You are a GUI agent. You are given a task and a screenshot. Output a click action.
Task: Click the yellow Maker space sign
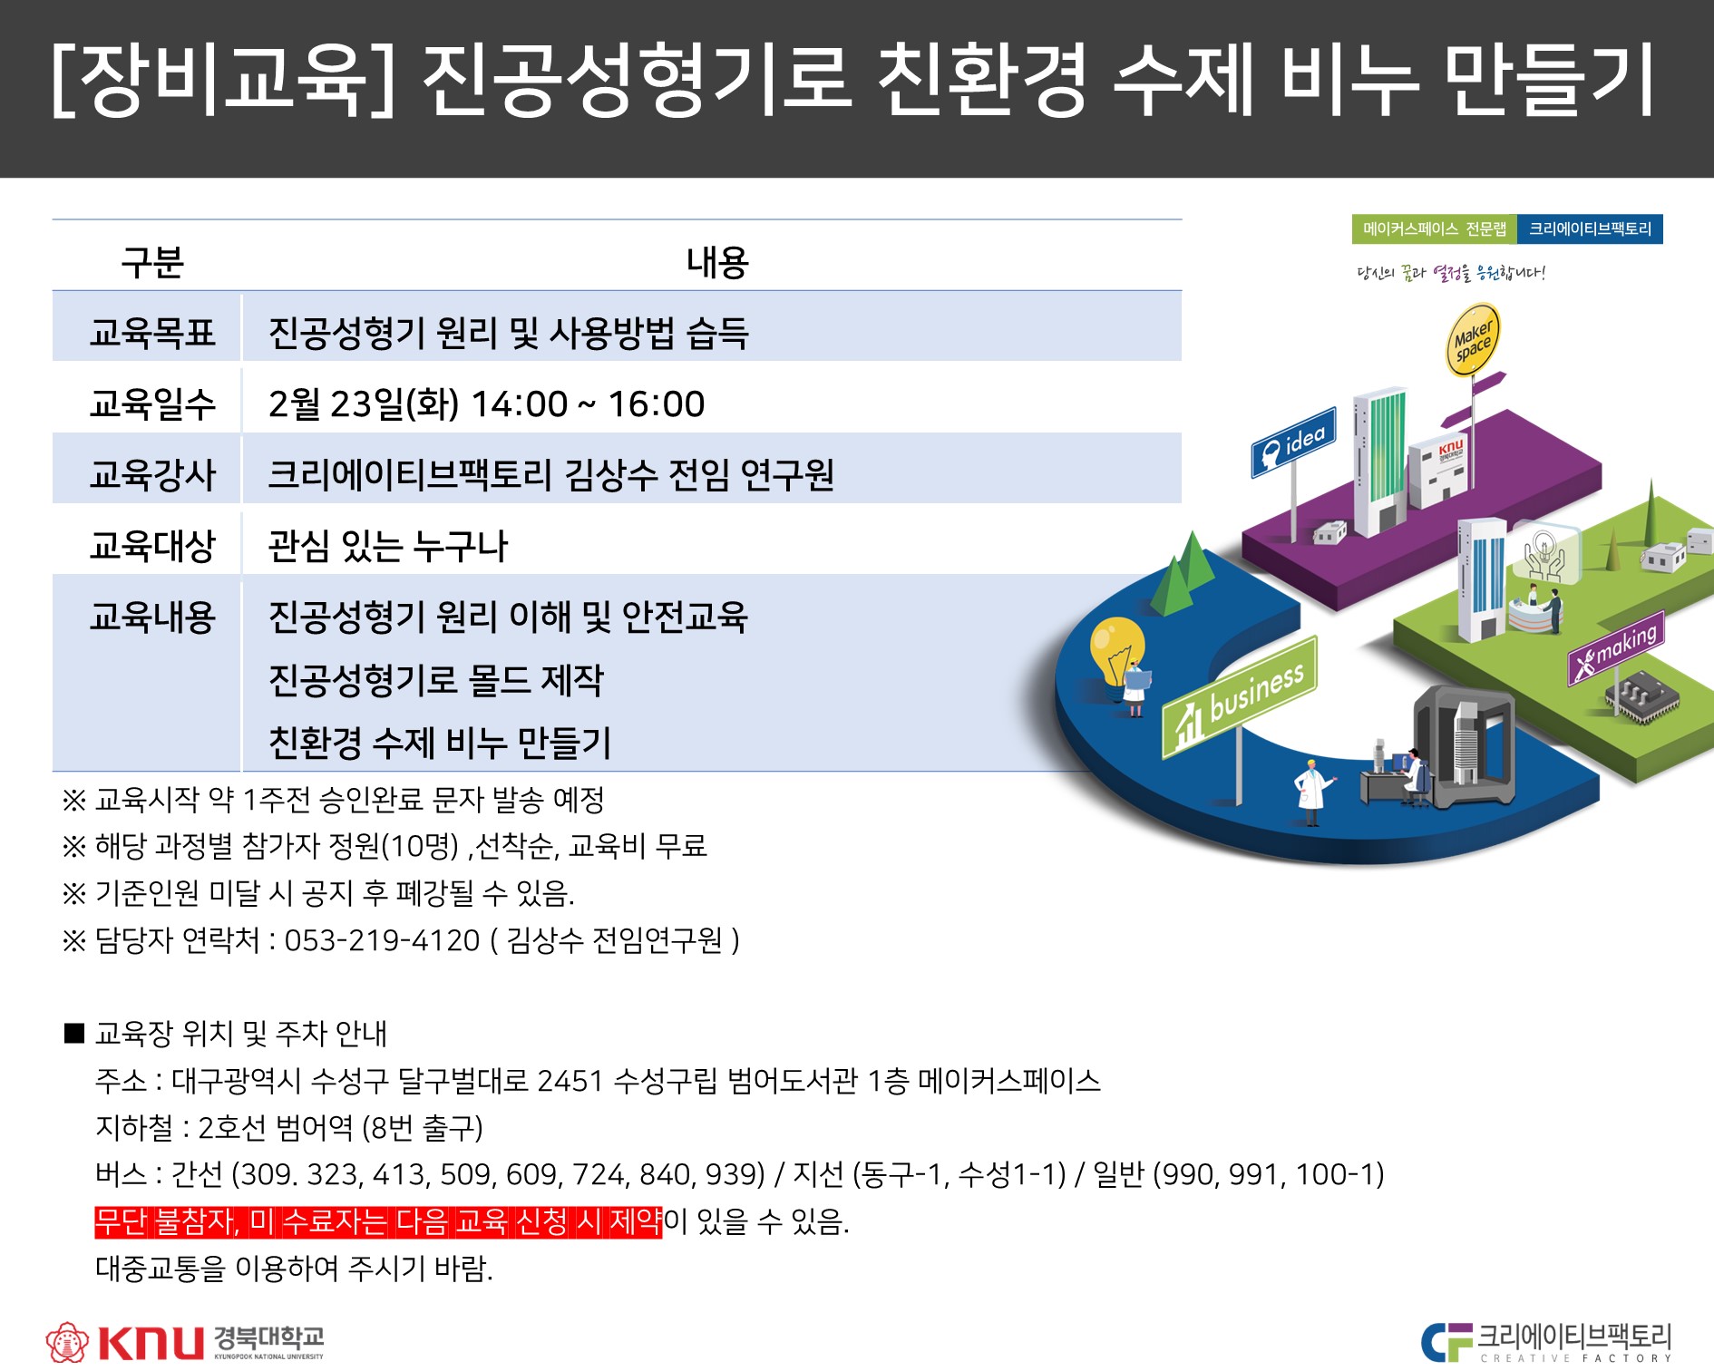[1472, 341]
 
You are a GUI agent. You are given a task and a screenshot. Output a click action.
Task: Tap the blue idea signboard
[1293, 443]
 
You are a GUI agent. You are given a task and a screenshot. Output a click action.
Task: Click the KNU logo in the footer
[185, 1341]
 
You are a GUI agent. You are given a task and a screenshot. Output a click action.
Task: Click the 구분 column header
[152, 262]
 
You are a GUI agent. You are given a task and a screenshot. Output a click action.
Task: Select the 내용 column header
[717, 262]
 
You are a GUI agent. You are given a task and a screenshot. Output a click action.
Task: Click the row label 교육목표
[152, 333]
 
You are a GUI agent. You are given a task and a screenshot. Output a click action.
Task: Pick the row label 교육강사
[152, 474]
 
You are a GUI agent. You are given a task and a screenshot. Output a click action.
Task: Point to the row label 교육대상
[152, 545]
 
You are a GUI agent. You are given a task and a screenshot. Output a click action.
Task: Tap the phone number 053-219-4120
[382, 940]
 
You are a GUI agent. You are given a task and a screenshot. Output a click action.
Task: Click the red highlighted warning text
[378, 1221]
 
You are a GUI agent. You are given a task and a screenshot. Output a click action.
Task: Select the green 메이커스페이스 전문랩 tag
[1434, 229]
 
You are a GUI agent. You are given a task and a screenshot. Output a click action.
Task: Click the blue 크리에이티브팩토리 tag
[1590, 229]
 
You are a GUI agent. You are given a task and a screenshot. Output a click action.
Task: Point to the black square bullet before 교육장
[74, 1034]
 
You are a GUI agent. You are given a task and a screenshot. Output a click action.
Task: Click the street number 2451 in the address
[570, 1081]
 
